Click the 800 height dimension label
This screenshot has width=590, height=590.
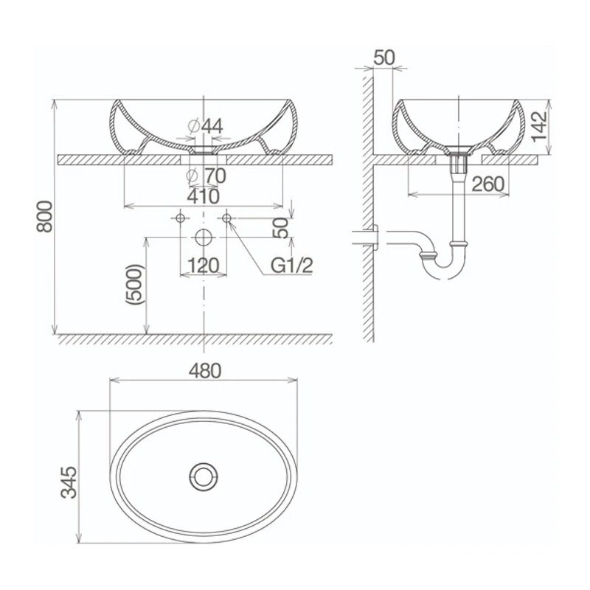point(46,217)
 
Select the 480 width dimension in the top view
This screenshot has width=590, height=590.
point(205,370)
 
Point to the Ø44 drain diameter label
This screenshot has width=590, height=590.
point(205,126)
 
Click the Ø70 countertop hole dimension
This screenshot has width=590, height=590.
point(205,176)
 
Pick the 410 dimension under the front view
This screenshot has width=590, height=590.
point(204,196)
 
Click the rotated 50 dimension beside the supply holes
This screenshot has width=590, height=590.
point(280,228)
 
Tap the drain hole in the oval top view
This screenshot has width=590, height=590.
point(204,473)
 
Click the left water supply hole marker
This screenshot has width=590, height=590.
point(179,218)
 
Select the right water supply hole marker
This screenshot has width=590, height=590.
point(227,218)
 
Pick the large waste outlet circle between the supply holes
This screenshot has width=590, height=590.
point(204,237)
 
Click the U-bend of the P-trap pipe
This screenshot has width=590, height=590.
point(441,270)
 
